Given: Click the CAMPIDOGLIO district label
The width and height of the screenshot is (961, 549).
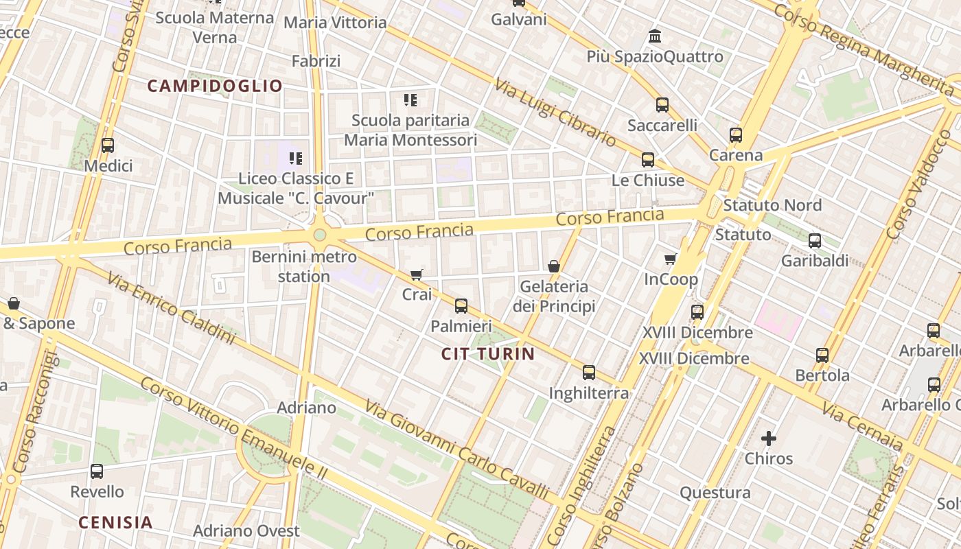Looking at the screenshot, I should pos(215,86).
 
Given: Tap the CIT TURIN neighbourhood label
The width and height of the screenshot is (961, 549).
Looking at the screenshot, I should pos(487,354).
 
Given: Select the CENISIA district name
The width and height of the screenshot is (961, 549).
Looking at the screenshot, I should pos(115,522).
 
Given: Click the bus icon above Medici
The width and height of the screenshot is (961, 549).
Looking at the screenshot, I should pos(108,145).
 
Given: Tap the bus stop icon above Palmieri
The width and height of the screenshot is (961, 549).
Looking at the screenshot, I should pos(461,306).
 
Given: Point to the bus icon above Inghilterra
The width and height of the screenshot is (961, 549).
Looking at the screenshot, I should pos(589,373).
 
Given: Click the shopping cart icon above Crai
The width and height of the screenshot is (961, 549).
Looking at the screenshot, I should pos(417,274).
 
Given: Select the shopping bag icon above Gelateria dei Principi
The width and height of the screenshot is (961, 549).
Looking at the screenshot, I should pos(554,266).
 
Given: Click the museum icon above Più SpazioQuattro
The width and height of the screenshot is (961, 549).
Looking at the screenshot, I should pos(655,36).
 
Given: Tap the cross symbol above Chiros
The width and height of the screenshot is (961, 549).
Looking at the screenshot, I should pos(769,438).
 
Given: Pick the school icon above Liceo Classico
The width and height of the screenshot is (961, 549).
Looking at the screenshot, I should pos(296,159).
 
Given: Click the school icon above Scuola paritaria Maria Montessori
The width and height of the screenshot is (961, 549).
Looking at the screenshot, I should pos(410,100).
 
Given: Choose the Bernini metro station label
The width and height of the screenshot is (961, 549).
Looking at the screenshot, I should pos(304,267).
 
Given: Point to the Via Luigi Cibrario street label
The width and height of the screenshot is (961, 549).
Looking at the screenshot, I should pos(555,112).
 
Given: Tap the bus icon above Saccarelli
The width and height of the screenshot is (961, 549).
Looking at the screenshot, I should pos(662,105).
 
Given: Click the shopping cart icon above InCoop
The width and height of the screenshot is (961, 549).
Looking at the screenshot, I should pos(671,259).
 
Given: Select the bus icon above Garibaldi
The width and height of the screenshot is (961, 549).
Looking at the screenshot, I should pos(815,241).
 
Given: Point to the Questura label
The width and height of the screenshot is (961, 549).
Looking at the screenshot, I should pos(715,493).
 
